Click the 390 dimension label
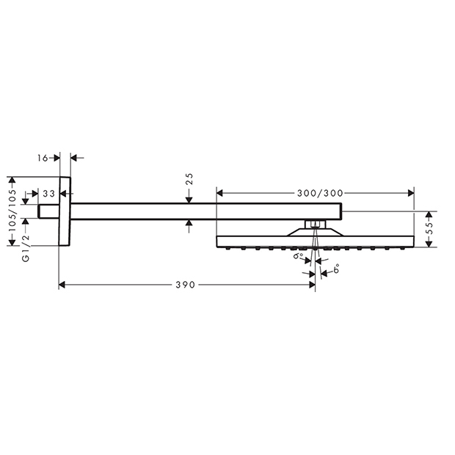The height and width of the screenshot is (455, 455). click(185, 285)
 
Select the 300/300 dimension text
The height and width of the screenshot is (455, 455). click(320, 193)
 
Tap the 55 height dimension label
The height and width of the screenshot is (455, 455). click(430, 229)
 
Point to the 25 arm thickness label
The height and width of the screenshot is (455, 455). click(189, 179)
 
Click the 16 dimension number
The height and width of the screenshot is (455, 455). click(43, 158)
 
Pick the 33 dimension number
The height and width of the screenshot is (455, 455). click(48, 194)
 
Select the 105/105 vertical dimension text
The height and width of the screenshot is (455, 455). click(12, 211)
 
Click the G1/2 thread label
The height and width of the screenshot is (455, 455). click(26, 248)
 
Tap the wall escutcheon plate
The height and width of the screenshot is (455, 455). click(65, 211)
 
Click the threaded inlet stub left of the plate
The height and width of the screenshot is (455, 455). click(48, 211)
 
